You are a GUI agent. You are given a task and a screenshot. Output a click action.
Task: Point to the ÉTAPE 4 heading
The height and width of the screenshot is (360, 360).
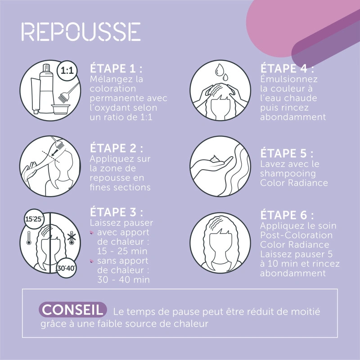point(287,69)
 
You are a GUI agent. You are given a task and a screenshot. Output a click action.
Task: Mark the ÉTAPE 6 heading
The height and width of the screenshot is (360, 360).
point(287,215)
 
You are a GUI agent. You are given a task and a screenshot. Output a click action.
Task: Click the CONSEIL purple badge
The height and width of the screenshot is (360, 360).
point(73,310)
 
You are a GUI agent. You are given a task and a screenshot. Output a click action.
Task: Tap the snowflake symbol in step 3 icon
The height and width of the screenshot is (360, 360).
point(71,238)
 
